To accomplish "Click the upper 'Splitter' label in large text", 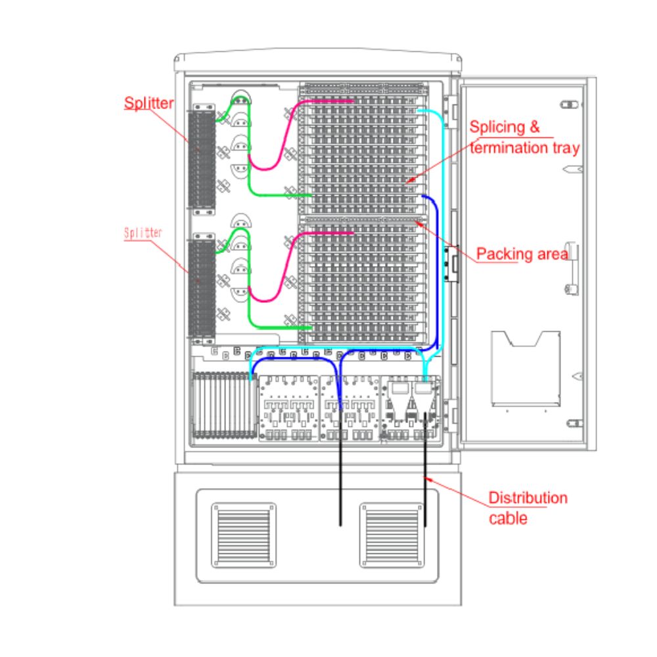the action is click(x=148, y=103).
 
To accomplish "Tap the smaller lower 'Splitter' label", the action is click(x=143, y=233).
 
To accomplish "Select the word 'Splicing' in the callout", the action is click(x=497, y=127).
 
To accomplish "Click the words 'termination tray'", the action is click(x=524, y=147).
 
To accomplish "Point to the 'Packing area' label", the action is click(x=522, y=254).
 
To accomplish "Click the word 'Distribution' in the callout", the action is click(x=528, y=498).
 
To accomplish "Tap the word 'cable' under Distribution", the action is click(x=508, y=518).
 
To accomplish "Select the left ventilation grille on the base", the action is click(x=244, y=535).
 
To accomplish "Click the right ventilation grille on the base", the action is click(x=392, y=535).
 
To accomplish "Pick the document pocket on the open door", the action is click(x=526, y=369).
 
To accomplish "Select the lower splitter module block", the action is click(x=202, y=286).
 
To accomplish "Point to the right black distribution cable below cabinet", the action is click(x=425, y=469).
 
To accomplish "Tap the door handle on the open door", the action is click(x=572, y=268).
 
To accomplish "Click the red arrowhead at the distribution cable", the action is click(x=428, y=480).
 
